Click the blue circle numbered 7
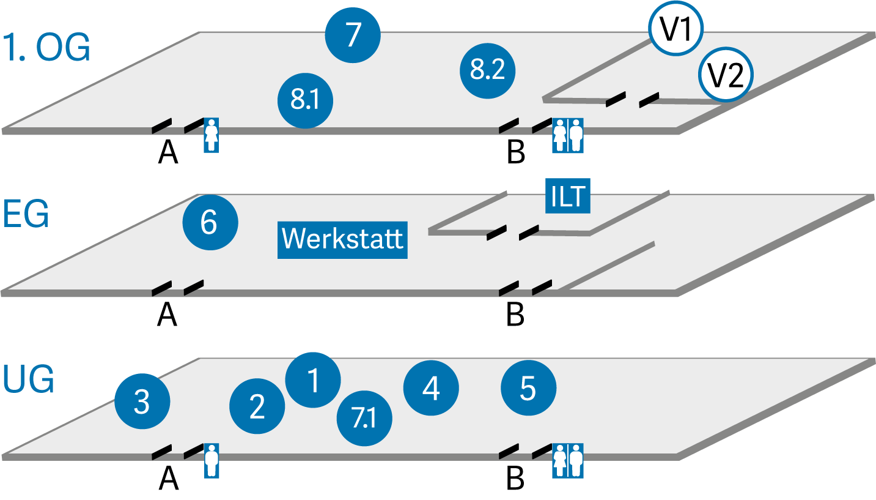[x=353, y=35]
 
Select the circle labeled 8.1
[x=306, y=100]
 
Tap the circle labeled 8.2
[x=487, y=71]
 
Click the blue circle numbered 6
[x=210, y=222]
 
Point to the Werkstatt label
[x=342, y=240]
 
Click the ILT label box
[x=568, y=196]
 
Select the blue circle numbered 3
[x=142, y=401]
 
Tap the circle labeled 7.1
[x=364, y=418]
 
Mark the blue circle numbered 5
[x=528, y=387]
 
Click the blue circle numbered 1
[x=313, y=380]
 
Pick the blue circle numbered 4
[x=431, y=387]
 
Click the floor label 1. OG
[x=46, y=48]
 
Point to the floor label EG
[x=26, y=214]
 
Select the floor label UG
[x=28, y=379]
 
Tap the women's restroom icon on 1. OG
[x=211, y=135]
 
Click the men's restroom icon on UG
[x=212, y=461]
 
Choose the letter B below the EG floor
[x=515, y=315]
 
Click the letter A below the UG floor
[x=169, y=479]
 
